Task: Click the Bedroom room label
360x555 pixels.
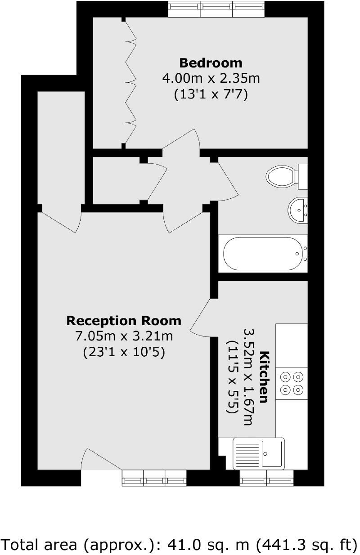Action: click(x=211, y=63)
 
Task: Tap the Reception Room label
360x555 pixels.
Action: click(x=124, y=321)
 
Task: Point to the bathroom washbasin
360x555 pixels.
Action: click(x=297, y=210)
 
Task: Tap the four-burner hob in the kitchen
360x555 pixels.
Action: click(x=292, y=382)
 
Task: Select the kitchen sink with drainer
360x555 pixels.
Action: click(x=258, y=453)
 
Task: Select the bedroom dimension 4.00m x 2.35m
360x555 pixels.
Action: click(x=211, y=79)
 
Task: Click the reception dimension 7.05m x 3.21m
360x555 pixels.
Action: click(x=124, y=336)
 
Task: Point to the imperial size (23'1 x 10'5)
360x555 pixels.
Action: click(x=124, y=352)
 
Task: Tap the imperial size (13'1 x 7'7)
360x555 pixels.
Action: click(x=211, y=95)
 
